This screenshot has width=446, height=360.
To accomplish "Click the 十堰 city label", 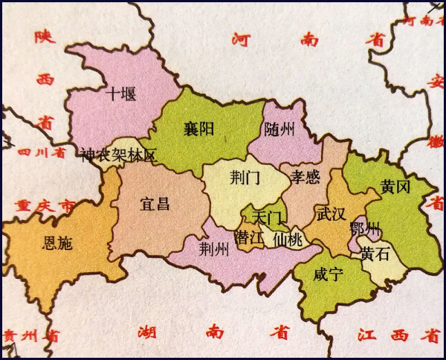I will coord(122,94).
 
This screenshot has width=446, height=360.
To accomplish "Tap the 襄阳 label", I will coord(199,129).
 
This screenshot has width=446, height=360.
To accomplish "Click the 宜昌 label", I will coord(155,203).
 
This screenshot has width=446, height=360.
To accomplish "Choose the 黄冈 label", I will coord(395,188).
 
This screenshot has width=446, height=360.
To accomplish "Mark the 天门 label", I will coord(268,219).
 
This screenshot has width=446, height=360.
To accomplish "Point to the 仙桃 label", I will coord(288,240).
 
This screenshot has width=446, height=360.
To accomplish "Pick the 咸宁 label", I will coord(328,275).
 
